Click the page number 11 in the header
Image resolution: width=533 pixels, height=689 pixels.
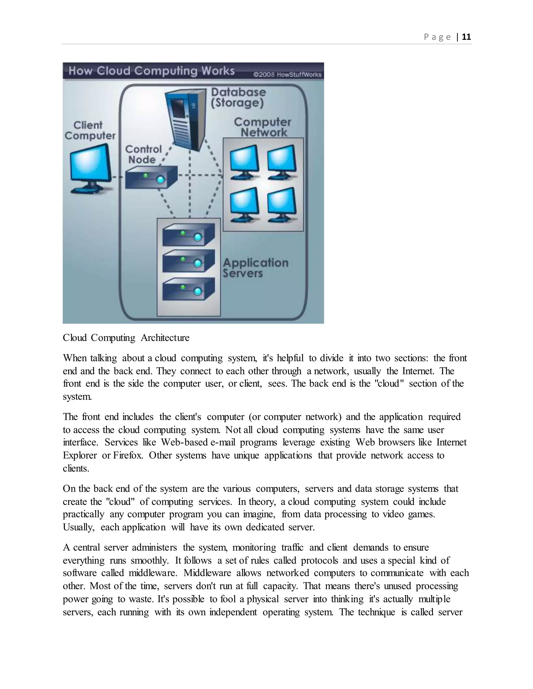pos(466,37)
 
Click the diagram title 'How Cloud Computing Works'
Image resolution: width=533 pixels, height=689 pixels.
pos(151,71)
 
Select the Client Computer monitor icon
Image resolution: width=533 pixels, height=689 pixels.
pos(90,167)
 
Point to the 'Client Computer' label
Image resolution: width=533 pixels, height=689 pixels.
pos(90,130)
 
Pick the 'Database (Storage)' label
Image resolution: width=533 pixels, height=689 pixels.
pos(238,97)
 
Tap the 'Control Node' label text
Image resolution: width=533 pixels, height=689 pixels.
pos(143,154)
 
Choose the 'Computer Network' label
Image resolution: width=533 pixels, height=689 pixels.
pos(263,127)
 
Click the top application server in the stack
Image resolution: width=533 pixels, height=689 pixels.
pos(188,235)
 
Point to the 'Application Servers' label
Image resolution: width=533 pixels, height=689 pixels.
pos(255,268)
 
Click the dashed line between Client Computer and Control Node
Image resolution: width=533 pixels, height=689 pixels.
pos(118,177)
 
